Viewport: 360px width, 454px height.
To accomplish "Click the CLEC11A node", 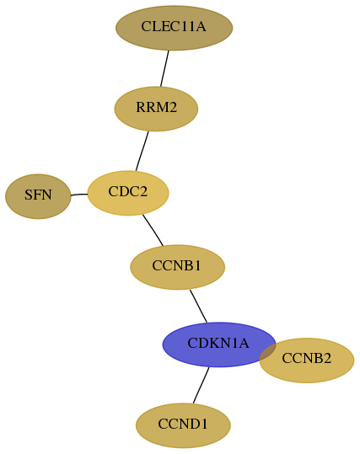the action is click(175, 28).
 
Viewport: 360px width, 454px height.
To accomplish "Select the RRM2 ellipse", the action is click(156, 109).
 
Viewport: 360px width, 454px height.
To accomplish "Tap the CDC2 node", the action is click(128, 193).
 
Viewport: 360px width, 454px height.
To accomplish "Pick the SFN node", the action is click(38, 196).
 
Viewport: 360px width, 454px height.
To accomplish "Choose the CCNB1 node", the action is click(177, 267).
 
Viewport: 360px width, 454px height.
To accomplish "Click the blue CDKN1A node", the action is click(219, 345).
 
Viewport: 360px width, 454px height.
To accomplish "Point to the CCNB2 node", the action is click(307, 361).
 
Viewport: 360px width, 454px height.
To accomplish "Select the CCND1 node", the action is click(183, 425).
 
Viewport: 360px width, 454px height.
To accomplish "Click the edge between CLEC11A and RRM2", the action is click(164, 68).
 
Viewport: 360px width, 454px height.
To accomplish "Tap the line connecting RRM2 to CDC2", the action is click(142, 151).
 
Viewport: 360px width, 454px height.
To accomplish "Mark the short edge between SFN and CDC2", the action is click(79, 195).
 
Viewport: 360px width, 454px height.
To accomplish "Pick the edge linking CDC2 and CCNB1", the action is click(153, 230).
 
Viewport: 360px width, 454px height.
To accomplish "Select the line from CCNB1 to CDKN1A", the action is click(198, 306).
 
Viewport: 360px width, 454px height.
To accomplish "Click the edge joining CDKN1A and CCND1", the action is click(201, 386).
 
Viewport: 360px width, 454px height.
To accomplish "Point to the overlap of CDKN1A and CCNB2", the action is click(268, 352).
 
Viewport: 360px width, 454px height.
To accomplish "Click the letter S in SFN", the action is click(28, 195).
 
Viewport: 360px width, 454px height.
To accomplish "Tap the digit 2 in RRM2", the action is click(173, 108).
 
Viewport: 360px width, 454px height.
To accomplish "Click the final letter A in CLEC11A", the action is click(201, 27).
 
